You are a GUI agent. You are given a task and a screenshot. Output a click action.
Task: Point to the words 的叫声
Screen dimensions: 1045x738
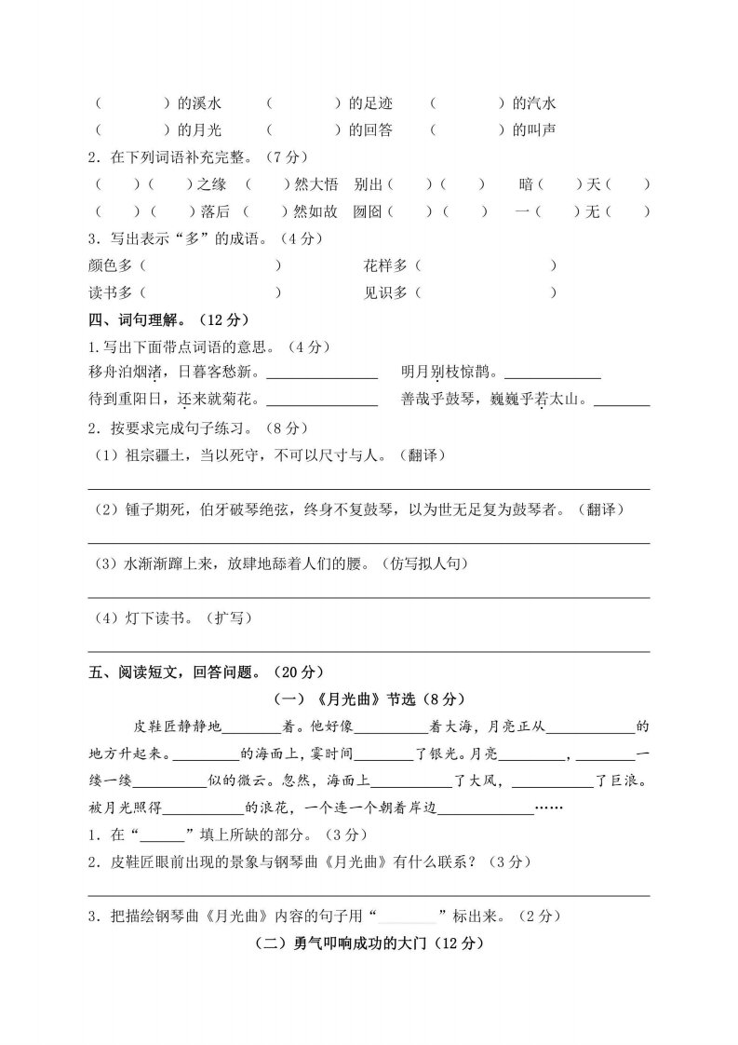pyautogui.click(x=534, y=130)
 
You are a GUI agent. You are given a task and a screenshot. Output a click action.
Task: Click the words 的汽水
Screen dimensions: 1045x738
pyautogui.click(x=534, y=103)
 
